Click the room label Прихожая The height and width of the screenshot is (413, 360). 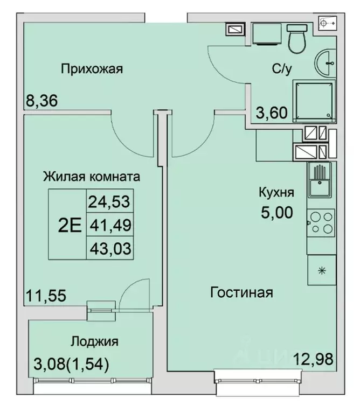[92, 68]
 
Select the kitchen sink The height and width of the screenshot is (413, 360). [320, 181]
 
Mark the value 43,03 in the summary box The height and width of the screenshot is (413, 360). [110, 247]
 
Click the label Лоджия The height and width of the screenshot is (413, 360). [94, 341]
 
